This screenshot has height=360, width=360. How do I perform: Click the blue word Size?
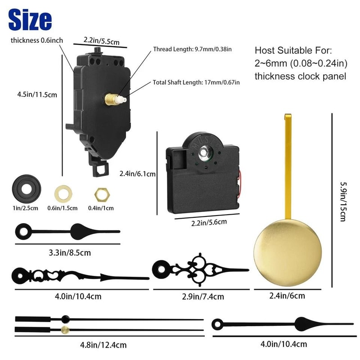(x=30, y=19)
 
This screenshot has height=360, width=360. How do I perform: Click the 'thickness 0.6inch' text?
(x=36, y=40)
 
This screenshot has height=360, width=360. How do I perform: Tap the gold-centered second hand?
(x=108, y=330)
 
